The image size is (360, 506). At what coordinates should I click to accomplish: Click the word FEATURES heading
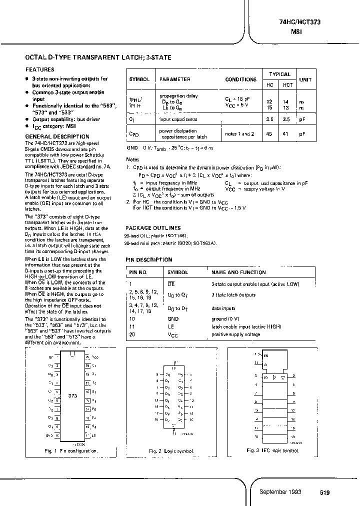coord(40,70)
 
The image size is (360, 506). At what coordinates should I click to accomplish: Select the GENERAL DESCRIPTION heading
coord(57,136)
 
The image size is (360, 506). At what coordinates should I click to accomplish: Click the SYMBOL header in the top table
coord(139,79)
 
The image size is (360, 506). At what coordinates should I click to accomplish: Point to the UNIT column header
coord(304,79)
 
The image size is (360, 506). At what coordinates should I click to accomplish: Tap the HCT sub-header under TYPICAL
coord(287,85)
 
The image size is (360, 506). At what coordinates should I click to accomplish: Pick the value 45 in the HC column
coord(269,133)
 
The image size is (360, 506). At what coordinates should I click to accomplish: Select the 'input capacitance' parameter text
coord(178,119)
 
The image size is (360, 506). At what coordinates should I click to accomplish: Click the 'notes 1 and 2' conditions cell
coord(239,134)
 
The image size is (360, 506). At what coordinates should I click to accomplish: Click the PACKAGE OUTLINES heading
coord(153,227)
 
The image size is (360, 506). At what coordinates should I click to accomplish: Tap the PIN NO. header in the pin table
coord(138,272)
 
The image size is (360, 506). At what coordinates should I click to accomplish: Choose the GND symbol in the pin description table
coord(172,318)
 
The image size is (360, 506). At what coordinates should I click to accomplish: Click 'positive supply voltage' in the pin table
coord(235,334)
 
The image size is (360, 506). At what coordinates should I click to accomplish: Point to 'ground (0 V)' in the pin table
coord(225,318)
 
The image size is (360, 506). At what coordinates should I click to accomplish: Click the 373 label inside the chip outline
coord(73,394)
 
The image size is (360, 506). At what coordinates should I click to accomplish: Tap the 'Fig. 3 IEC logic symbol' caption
coord(273,450)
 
